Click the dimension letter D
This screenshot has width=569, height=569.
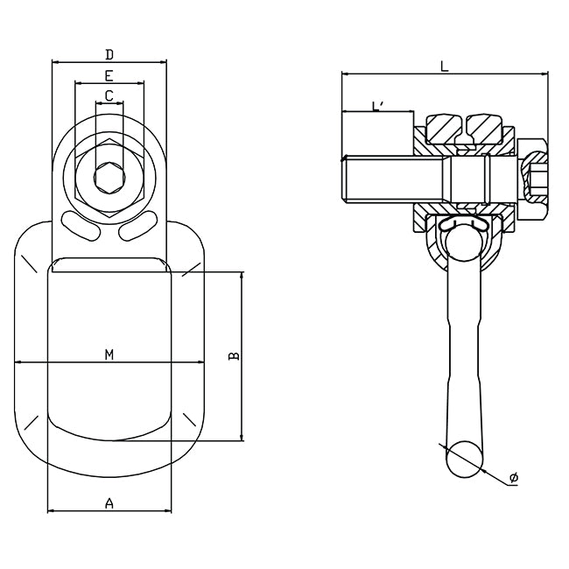coord(109,55)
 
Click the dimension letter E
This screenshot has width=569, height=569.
coord(109,76)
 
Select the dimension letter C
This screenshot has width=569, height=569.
coord(109,95)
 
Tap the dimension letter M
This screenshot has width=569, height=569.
coord(109,355)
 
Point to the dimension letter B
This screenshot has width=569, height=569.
coord(233,355)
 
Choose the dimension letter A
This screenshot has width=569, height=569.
coord(109,502)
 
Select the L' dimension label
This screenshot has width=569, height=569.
coord(378,106)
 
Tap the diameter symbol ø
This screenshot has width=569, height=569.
coord(514,477)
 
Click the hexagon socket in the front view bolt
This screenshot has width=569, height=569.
coord(109,179)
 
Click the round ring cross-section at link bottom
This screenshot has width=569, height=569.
coord(464,458)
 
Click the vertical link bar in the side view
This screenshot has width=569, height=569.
coord(463,350)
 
